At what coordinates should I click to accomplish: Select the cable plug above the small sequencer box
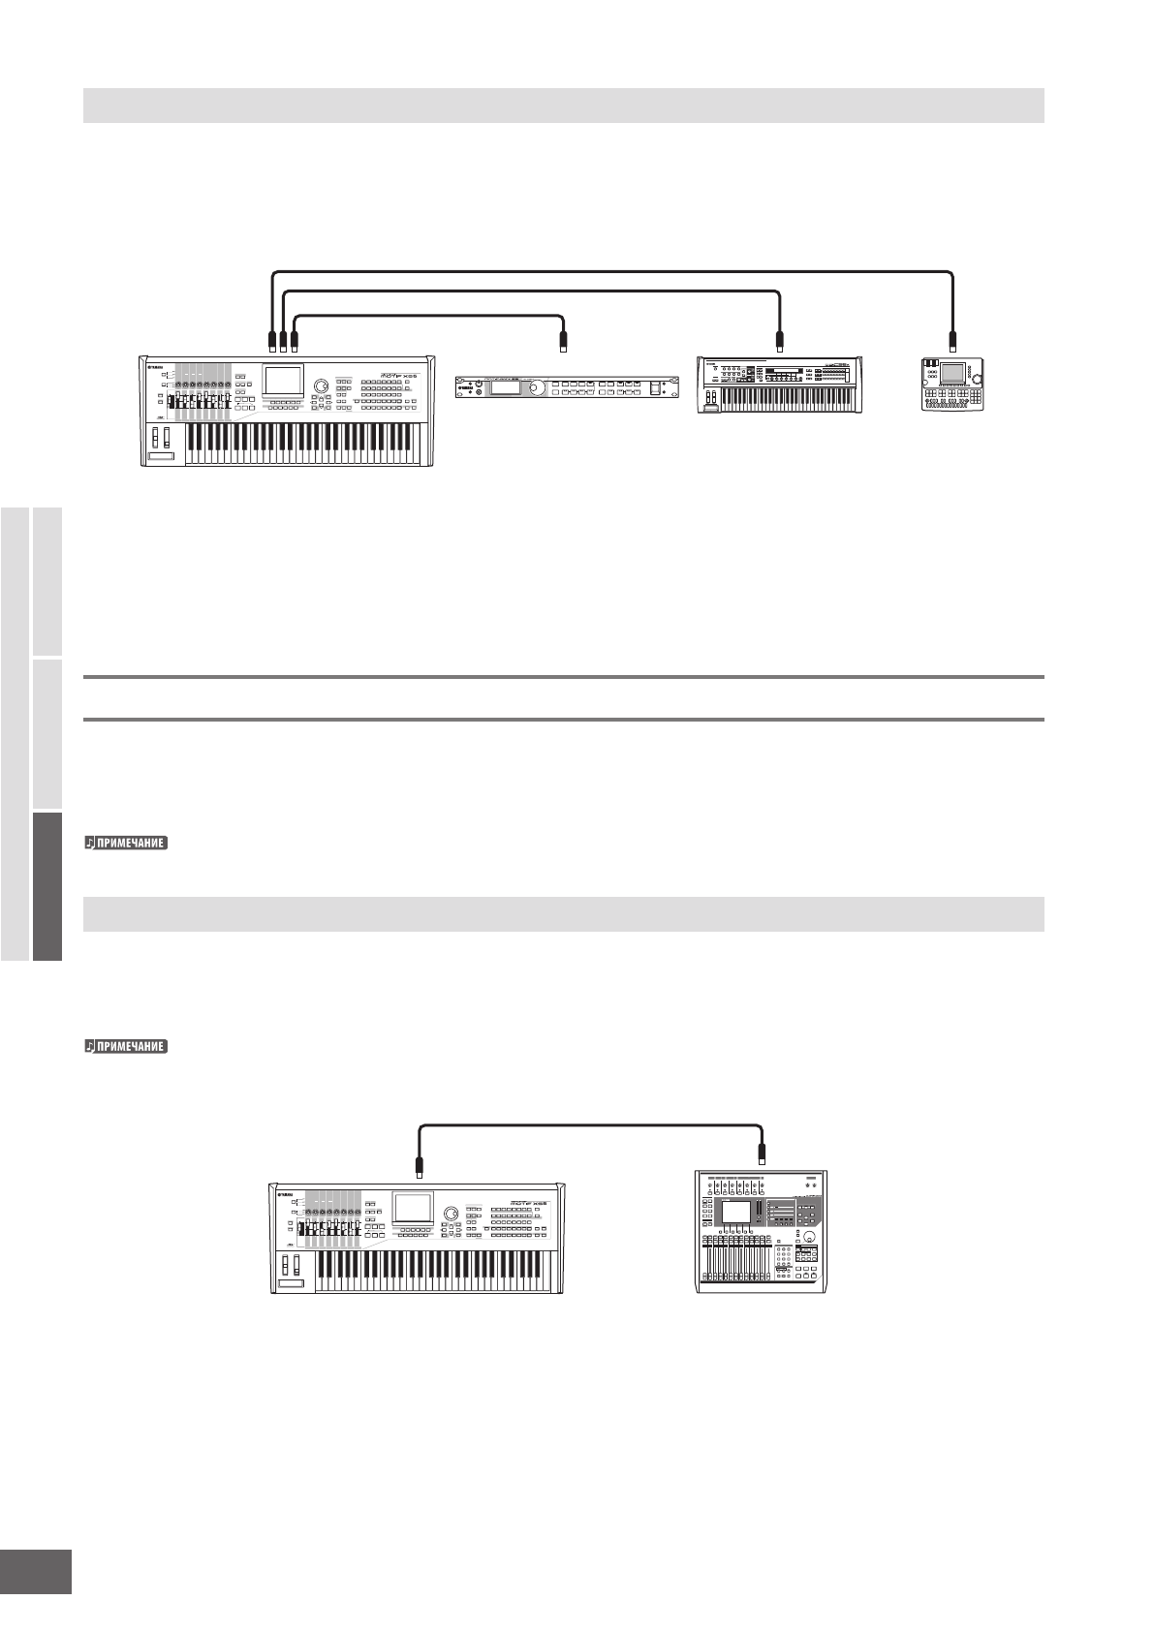pyautogui.click(x=952, y=339)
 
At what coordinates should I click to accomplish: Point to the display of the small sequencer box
pyautogui.click(x=952, y=373)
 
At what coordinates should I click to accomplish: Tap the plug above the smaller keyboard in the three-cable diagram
pyautogui.click(x=779, y=339)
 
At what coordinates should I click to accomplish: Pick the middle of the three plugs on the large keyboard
pyautogui.click(x=282, y=339)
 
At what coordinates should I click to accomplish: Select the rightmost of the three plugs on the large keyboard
pyautogui.click(x=295, y=339)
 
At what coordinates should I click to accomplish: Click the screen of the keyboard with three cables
pyautogui.click(x=284, y=381)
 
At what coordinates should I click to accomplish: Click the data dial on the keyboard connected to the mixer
pyautogui.click(x=451, y=1215)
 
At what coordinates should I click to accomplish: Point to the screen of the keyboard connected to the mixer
pyautogui.click(x=413, y=1207)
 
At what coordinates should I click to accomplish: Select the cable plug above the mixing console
pyautogui.click(x=763, y=1154)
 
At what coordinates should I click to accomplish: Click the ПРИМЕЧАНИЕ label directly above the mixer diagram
pyautogui.click(x=126, y=1047)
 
